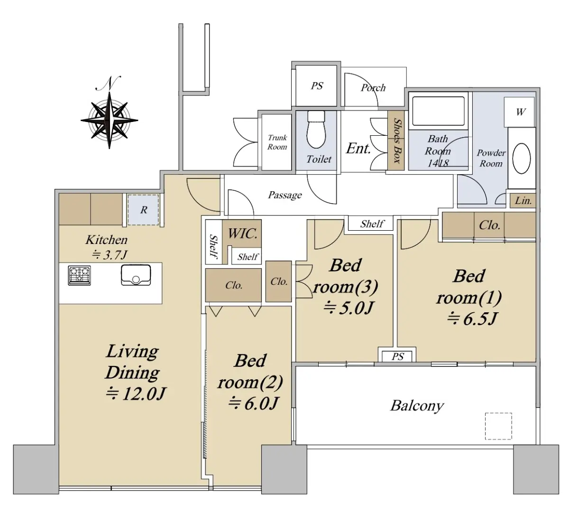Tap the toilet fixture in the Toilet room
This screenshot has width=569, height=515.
[316, 130]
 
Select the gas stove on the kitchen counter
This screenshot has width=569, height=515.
[79, 275]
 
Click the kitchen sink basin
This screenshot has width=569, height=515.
[136, 275]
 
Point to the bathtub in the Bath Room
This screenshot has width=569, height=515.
[438, 111]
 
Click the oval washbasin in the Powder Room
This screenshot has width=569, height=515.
[522, 159]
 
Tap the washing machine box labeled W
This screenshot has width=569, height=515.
[519, 112]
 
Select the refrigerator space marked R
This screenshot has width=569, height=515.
[144, 210]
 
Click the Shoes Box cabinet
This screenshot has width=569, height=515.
[396, 140]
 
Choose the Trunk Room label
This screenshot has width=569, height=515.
[277, 142]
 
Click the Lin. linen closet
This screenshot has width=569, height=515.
[523, 201]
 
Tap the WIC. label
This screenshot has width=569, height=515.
[243, 234]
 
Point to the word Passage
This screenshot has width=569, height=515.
[285, 195]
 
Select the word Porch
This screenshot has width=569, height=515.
[373, 88]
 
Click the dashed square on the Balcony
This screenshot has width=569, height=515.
[498, 426]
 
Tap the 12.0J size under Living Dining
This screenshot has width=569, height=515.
[136, 393]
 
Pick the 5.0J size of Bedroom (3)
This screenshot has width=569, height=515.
[348, 308]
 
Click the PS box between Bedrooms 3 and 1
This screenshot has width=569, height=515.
[397, 356]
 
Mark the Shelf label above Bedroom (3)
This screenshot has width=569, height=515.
[372, 224]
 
